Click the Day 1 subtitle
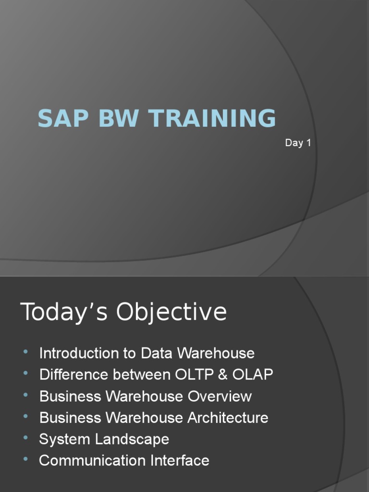[298, 143]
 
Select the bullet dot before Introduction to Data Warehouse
[25, 353]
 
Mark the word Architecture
[228, 418]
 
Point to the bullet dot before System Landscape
[25, 439]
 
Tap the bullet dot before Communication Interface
[25, 460]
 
